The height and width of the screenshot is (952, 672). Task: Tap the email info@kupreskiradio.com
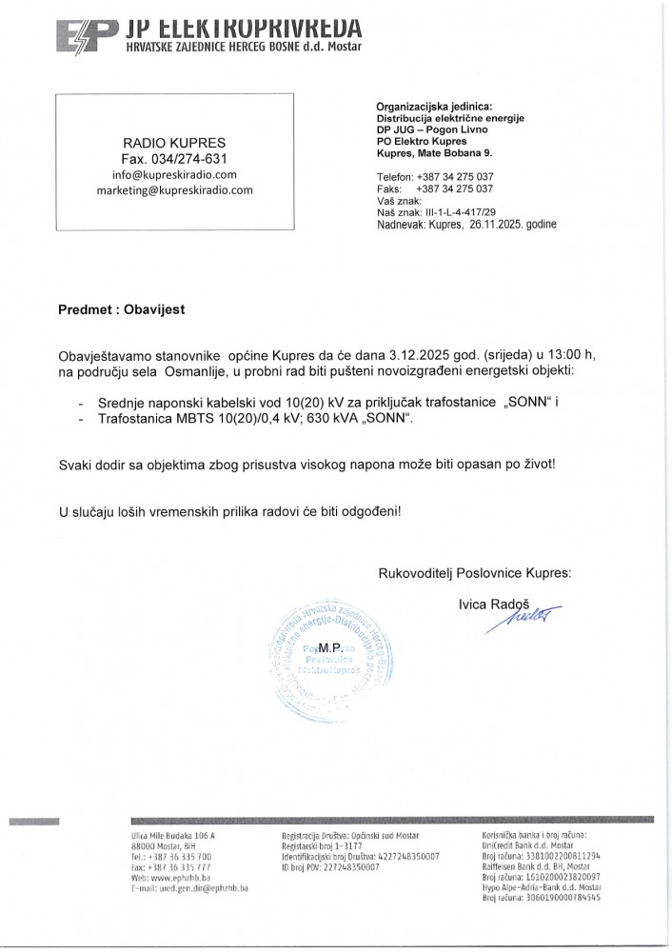coord(173,174)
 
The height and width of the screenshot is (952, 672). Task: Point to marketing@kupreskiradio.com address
coord(174,189)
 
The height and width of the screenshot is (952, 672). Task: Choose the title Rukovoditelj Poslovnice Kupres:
coord(475,573)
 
